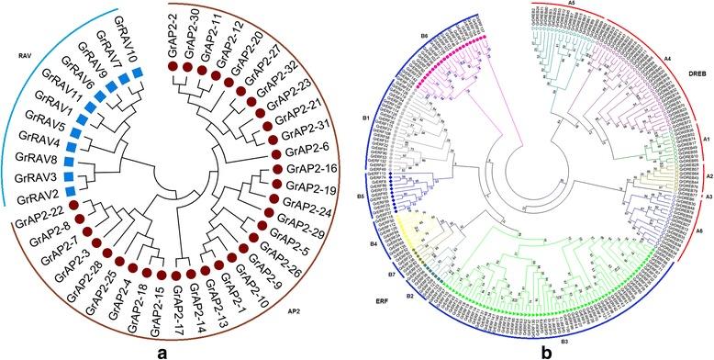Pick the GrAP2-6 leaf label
coord(306,150)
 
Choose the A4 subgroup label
coord(667,58)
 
